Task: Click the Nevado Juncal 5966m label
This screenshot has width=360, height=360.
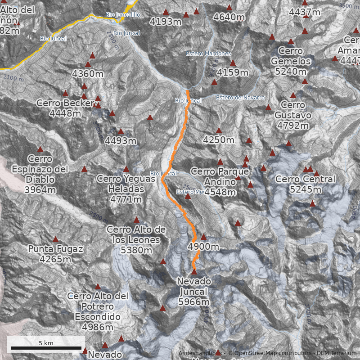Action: (194, 291)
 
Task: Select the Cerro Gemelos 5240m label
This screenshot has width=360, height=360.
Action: (291, 61)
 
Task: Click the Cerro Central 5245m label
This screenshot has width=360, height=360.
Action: (305, 184)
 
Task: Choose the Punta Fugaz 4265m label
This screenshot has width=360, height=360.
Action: (55, 254)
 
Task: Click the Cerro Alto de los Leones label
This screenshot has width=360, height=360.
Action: (136, 240)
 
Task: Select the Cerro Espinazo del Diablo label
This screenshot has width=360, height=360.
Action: (40, 174)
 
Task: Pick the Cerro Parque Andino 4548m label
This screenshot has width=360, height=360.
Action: (220, 182)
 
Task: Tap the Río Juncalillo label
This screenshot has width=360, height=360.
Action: (123, 15)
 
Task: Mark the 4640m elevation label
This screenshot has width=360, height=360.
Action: (229, 18)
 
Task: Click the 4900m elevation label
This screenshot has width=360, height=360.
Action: (203, 247)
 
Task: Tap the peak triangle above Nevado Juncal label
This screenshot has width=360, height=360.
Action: (194, 272)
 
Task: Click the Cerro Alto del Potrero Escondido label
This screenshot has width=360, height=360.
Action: (98, 312)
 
